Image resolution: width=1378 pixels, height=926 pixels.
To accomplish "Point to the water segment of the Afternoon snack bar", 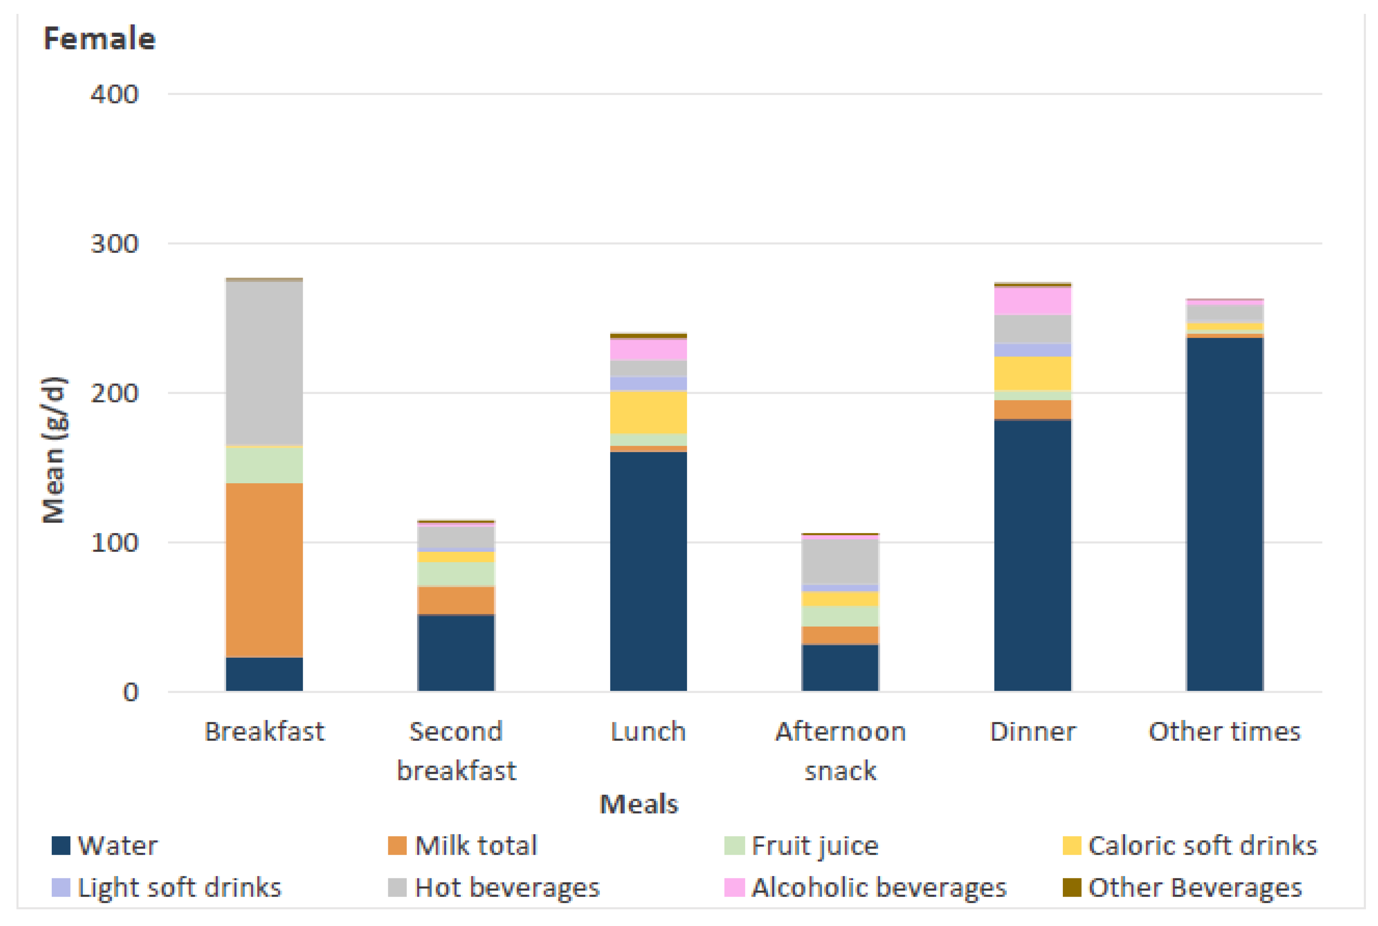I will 840,667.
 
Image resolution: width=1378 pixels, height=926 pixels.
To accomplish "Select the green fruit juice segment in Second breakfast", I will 456,573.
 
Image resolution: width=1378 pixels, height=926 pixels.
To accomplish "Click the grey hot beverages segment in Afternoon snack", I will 840,561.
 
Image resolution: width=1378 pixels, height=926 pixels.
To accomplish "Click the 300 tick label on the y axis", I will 114,243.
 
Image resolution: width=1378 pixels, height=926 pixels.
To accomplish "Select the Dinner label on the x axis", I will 1032,732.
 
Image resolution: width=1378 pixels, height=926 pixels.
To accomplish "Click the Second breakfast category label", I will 456,751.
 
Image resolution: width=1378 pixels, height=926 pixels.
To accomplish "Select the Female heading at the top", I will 99,39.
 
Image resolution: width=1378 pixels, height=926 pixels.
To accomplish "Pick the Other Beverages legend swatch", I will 1071,887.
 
